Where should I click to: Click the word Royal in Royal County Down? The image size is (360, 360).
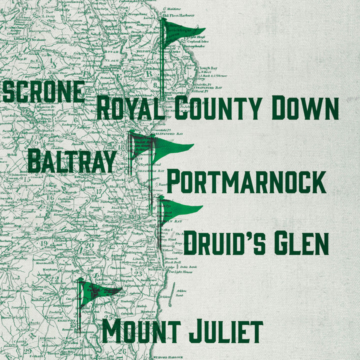(x=130, y=108)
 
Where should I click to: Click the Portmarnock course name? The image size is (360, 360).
(x=246, y=182)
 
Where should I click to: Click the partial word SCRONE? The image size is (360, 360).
(x=43, y=92)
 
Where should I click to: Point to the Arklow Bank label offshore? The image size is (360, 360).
(x=181, y=292)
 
